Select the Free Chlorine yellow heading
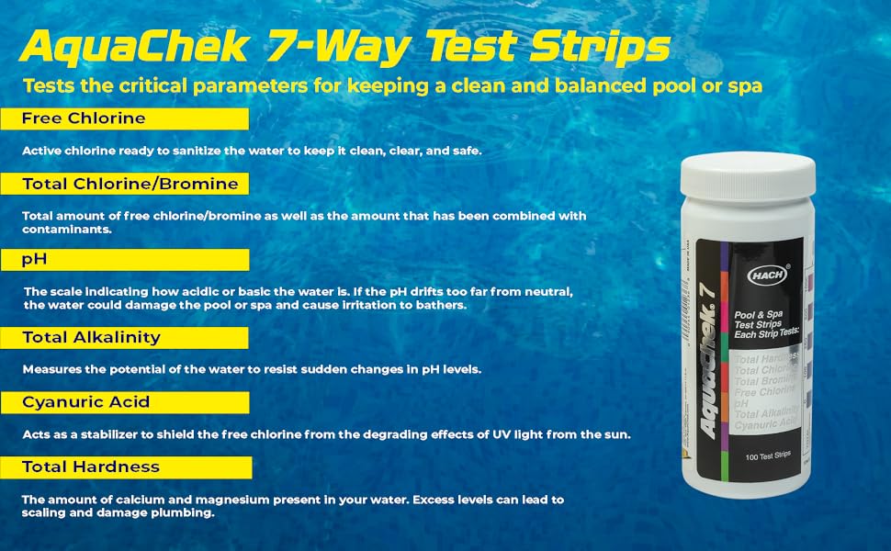84,118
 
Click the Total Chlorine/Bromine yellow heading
130,184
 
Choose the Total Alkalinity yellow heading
91,337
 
